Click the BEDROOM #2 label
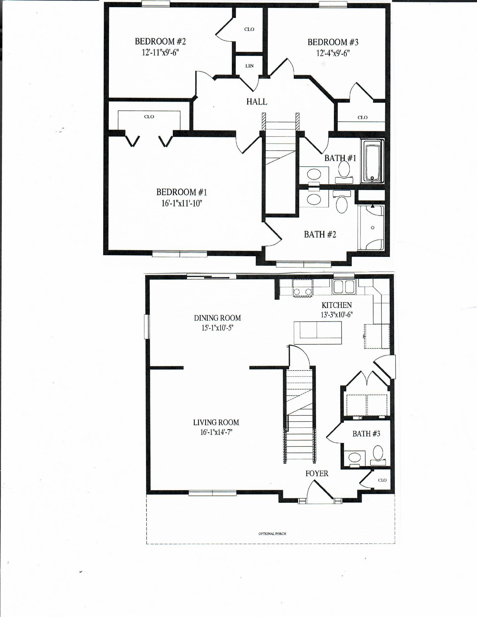point(160,42)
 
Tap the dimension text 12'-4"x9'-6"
point(333,53)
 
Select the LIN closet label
point(249,66)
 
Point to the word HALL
point(256,102)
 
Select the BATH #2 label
point(320,234)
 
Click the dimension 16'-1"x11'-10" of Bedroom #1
point(182,203)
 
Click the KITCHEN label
point(336,305)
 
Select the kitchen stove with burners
point(303,288)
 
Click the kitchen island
point(318,333)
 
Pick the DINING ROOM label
point(217,318)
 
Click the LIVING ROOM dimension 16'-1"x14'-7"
point(216,432)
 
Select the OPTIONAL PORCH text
point(272,534)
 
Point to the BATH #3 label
point(366,434)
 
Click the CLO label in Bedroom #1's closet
point(149,117)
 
